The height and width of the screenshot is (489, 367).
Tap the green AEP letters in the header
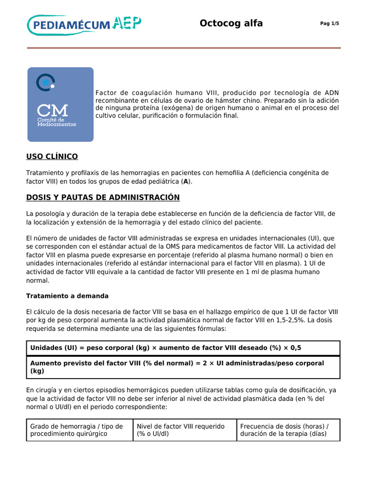click(x=126, y=23)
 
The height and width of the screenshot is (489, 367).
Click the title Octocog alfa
click(x=231, y=23)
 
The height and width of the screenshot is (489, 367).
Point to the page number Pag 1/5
click(x=329, y=24)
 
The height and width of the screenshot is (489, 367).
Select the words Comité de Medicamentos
click(x=56, y=122)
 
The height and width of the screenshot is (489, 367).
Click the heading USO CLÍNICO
click(x=52, y=157)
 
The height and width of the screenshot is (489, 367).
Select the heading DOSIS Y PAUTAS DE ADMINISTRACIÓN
click(x=103, y=197)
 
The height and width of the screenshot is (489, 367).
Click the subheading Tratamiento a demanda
click(x=67, y=296)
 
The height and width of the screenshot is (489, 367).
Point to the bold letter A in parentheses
click(x=186, y=182)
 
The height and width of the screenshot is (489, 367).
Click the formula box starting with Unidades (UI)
click(x=183, y=348)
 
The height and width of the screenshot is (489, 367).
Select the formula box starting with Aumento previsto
click(x=183, y=367)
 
